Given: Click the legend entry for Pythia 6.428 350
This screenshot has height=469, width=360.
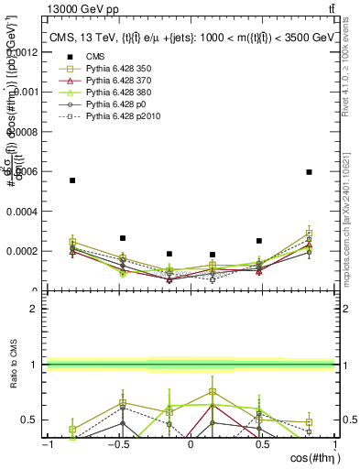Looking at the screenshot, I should (105, 69).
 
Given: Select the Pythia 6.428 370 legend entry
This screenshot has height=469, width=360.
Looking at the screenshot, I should (105, 82).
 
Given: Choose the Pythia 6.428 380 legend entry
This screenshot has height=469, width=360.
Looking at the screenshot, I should (105, 94).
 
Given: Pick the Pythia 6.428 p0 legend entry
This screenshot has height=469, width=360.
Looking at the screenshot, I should (105, 107).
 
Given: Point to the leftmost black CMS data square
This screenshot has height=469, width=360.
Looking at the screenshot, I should (72, 180).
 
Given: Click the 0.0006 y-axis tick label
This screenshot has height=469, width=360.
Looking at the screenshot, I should (25, 171).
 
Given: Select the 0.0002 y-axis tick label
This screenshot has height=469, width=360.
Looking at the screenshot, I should (25, 251).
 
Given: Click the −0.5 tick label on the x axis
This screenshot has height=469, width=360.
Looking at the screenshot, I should (116, 444).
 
